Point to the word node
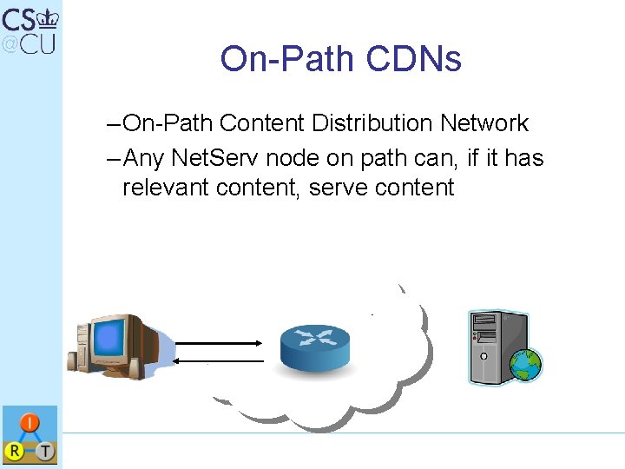[296, 158]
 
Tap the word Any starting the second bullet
[144, 158]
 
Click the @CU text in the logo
[29, 43]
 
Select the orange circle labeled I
[28, 424]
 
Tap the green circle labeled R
[14, 450]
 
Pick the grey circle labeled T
[44, 450]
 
